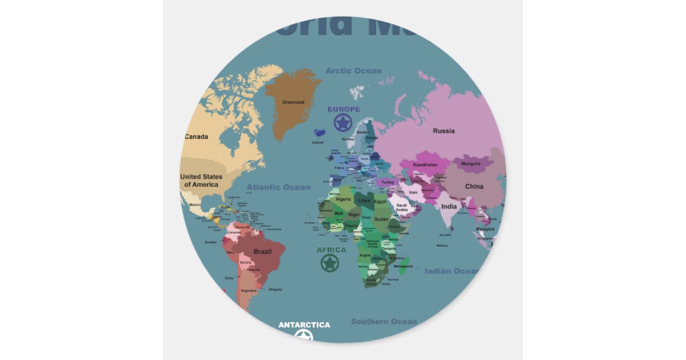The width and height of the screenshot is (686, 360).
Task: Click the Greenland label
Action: point(293,102)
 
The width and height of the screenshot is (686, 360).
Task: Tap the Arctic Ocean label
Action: point(353,71)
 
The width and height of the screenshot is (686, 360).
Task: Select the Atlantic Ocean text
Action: point(278,187)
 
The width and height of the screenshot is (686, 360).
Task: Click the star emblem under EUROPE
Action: point(343,122)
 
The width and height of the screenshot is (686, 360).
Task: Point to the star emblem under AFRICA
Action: point(329,263)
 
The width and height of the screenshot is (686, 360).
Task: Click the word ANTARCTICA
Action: point(304,325)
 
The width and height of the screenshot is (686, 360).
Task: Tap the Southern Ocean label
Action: point(384,322)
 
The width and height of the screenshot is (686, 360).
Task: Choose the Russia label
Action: point(444,131)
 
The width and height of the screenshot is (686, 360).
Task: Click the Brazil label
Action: point(262,251)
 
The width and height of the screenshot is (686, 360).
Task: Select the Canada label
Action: point(196,137)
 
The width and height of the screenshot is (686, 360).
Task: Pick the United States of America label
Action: point(201,181)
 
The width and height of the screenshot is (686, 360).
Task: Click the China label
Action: point(474,186)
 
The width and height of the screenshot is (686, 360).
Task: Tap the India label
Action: point(449,206)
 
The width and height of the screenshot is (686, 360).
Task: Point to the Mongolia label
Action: point(471,164)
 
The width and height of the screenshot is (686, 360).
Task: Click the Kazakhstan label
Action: point(425,165)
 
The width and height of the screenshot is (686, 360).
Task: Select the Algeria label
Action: point(343,199)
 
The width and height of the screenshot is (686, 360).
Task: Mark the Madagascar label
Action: point(403,266)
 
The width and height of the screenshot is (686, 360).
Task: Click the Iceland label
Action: point(317,142)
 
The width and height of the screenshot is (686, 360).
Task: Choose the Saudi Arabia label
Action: point(402,207)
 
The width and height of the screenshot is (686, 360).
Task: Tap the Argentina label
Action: point(248,291)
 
